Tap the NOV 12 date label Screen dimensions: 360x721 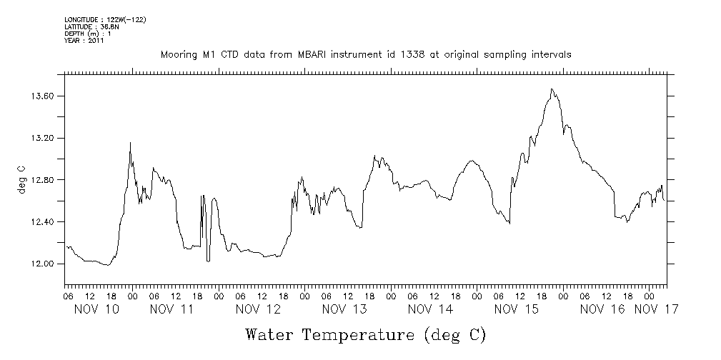pos(258,309)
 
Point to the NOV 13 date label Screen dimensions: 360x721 pos(344,309)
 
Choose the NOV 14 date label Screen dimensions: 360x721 pos(430,309)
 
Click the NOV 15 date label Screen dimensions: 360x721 pos(516,309)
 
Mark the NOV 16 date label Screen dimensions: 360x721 pos(602,309)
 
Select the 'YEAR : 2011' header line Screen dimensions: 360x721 pos(84,41)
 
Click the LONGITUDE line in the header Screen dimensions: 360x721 pos(105,19)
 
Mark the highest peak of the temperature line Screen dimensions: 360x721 pos(552,89)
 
